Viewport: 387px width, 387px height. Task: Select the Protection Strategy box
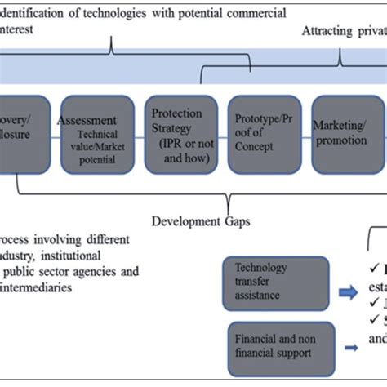coord(181,135)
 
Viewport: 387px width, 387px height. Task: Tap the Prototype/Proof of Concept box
coord(263,135)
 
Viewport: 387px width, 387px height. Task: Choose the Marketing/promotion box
coord(345,135)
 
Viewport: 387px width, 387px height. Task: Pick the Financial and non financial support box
coord(274,344)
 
